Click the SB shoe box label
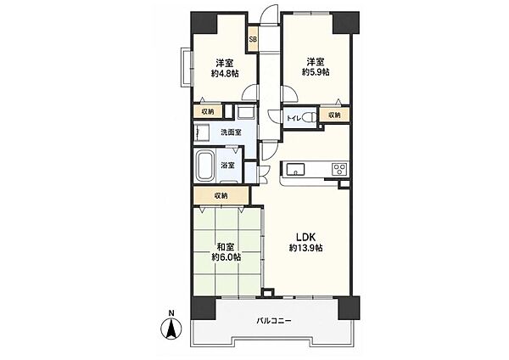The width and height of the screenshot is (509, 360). click(x=253, y=39)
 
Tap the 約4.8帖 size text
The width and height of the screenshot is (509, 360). click(x=225, y=73)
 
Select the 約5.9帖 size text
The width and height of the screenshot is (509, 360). click(x=316, y=72)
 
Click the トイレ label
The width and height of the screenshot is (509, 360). click(x=294, y=118)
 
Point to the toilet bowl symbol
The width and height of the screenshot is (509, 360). click(x=311, y=118)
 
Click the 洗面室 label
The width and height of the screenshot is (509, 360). click(x=231, y=132)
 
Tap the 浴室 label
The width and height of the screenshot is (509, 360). click(x=227, y=165)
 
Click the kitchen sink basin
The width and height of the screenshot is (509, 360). click(x=295, y=169)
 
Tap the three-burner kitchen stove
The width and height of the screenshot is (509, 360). click(x=339, y=169)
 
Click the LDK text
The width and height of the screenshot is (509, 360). click(x=305, y=237)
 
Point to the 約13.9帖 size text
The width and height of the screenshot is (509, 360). click(x=305, y=248)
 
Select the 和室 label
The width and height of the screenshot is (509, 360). click(x=226, y=247)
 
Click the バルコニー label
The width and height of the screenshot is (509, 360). click(x=274, y=321)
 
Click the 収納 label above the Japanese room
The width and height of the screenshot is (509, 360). click(x=221, y=195)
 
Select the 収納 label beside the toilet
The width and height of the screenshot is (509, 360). click(x=334, y=115)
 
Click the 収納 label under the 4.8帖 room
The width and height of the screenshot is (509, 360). click(x=208, y=112)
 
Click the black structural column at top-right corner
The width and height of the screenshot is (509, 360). click(x=346, y=23)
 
